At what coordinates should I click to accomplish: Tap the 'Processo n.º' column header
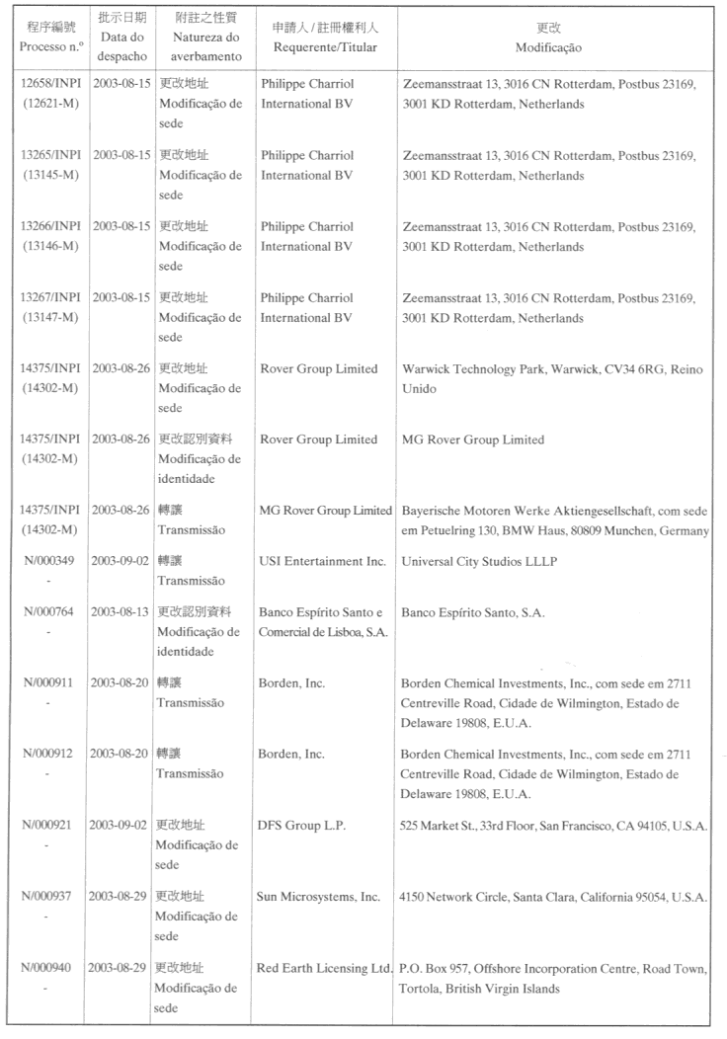(52, 47)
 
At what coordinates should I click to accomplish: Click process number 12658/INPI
(52, 85)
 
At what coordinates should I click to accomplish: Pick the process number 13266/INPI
(52, 226)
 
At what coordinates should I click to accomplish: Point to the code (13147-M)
(52, 318)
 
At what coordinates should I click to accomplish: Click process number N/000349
(52, 561)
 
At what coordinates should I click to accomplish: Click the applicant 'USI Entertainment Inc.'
(322, 561)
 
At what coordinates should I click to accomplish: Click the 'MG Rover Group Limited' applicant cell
(325, 510)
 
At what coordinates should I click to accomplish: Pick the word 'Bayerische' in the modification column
(431, 510)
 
